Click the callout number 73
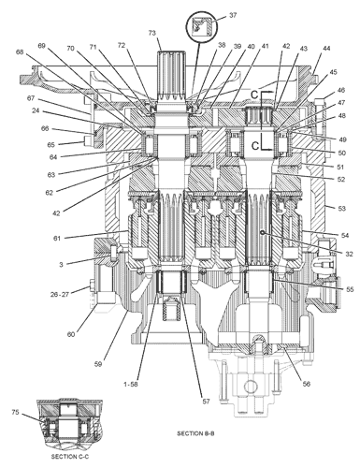pos(151,33)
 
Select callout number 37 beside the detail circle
pos(233,15)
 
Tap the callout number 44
pos(326,49)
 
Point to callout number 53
pos(342,208)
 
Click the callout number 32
pos(349,254)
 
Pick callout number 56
pos(307,384)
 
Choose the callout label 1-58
pos(131,385)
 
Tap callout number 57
pos(206,402)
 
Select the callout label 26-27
pos(60,294)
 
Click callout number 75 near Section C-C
pos(15,412)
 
